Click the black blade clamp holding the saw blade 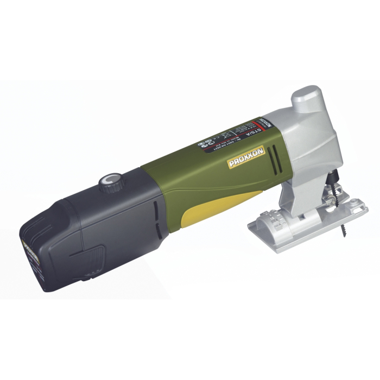(333, 177)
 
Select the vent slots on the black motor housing (155, 212)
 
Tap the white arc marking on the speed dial (113, 178)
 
